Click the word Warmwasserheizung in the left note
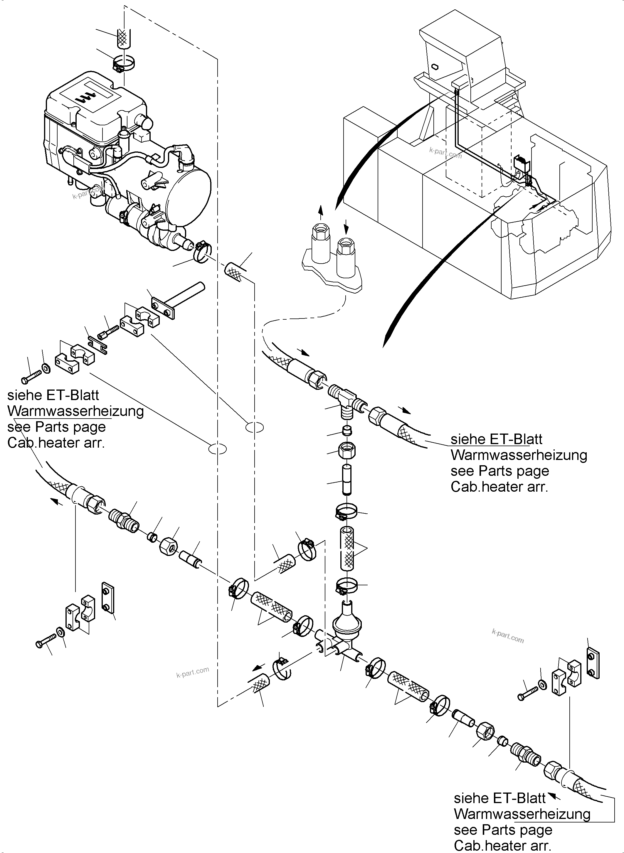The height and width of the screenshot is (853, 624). coord(75,411)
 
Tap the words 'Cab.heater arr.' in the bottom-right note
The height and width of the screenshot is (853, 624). coord(502,845)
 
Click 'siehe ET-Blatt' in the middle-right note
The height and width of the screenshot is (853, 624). coord(496,439)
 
